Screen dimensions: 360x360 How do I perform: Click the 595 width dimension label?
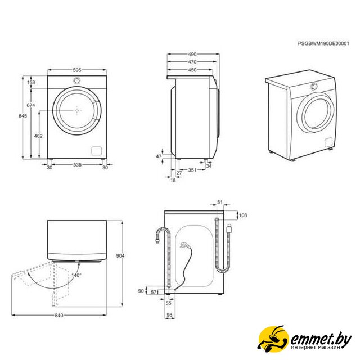click(77, 70)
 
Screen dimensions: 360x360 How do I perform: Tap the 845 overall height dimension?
click(22, 116)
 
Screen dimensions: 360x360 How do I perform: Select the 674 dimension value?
click(31, 105)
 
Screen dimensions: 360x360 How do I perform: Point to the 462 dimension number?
click(38, 136)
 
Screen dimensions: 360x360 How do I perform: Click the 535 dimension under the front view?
click(78, 164)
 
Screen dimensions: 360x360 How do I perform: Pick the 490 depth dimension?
click(192, 54)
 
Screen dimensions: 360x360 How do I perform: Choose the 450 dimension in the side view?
click(192, 70)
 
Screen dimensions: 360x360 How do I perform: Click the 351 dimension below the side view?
click(192, 170)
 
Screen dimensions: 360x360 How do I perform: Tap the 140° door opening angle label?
click(76, 275)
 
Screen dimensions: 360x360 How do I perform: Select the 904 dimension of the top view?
click(120, 255)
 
